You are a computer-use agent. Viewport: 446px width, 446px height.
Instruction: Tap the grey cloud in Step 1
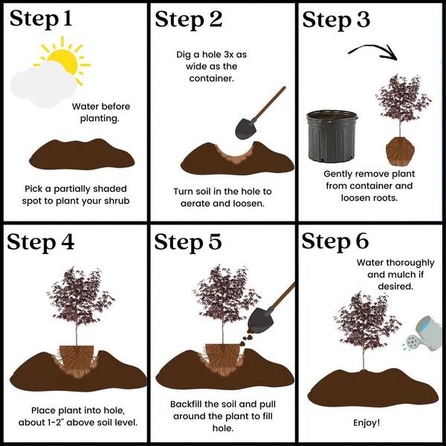click(x=42, y=85)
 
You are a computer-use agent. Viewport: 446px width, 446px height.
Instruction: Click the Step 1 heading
click(x=41, y=19)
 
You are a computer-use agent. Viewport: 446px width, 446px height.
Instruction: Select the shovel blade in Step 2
click(x=246, y=129)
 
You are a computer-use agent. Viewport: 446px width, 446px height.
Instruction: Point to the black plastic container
click(x=332, y=136)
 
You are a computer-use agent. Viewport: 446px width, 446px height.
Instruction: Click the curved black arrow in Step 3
click(x=369, y=48)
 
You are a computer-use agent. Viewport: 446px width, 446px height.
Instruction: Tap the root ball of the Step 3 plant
click(x=400, y=152)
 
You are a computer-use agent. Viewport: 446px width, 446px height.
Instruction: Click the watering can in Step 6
click(x=424, y=333)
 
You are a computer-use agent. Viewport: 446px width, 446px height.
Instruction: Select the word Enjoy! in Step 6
click(x=366, y=423)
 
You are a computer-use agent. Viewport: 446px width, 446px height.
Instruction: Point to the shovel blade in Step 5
click(x=261, y=320)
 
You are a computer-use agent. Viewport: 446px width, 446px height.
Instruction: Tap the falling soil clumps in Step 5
click(x=246, y=338)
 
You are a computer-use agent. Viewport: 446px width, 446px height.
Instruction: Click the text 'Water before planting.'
click(x=100, y=112)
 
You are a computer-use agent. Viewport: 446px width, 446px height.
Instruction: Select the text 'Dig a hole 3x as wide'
click(x=211, y=60)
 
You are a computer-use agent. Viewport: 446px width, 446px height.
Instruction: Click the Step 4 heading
click(x=41, y=242)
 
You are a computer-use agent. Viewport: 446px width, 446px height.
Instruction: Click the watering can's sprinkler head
click(x=411, y=341)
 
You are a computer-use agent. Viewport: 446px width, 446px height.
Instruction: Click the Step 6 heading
click(x=335, y=242)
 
